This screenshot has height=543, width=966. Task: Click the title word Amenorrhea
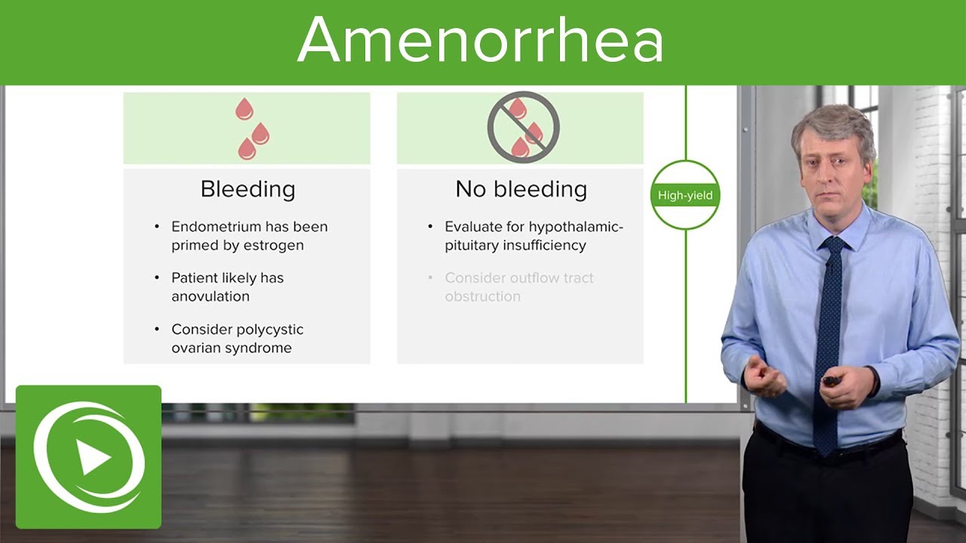point(481,39)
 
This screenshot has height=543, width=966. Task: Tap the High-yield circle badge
point(685,195)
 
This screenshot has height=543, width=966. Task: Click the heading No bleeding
point(521,189)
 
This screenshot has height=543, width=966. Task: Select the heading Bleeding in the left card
point(248,189)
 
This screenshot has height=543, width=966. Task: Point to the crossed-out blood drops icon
point(523,127)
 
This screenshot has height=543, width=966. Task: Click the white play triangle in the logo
point(93,458)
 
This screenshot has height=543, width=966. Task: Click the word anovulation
point(210,296)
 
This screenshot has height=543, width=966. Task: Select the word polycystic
point(269,330)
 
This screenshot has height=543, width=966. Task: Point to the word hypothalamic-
point(576,227)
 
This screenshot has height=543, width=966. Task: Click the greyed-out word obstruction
point(482,296)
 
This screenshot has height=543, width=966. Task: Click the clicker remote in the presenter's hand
point(831,381)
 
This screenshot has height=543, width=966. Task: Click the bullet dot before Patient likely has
point(157,278)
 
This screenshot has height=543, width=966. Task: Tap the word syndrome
point(261,348)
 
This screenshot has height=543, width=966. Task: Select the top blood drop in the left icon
point(244,109)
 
